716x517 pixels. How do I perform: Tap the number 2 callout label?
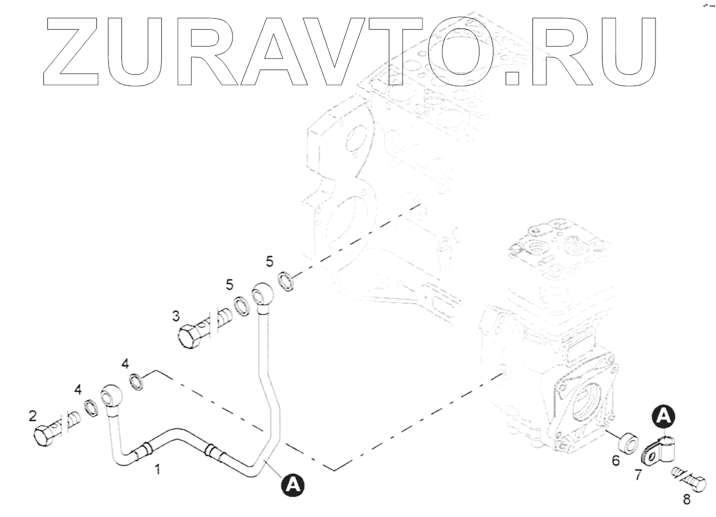(32, 416)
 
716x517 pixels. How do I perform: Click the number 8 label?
(686, 500)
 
